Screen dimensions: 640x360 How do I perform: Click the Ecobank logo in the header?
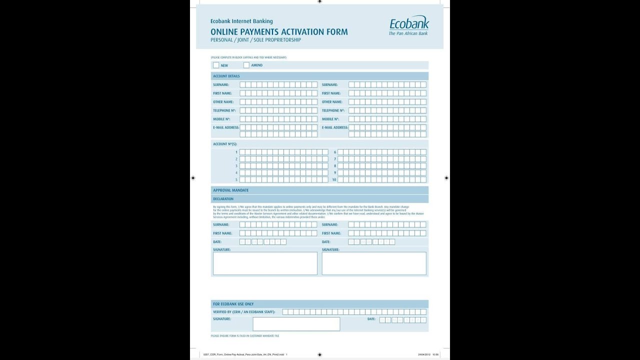pyautogui.click(x=408, y=25)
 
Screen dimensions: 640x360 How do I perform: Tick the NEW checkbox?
pyautogui.click(x=216, y=65)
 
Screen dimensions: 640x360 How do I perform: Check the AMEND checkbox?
pyautogui.click(x=246, y=65)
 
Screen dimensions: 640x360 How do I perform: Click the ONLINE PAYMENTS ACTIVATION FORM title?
pyautogui.click(x=279, y=32)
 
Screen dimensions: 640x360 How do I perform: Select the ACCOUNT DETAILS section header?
pyautogui.click(x=226, y=76)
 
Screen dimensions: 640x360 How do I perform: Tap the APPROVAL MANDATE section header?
pyautogui.click(x=230, y=190)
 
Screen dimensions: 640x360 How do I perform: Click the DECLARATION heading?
pyautogui.click(x=223, y=199)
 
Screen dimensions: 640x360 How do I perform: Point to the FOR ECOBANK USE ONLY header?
pyautogui.click(x=233, y=304)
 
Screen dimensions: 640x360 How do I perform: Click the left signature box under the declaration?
pyautogui.click(x=265, y=263)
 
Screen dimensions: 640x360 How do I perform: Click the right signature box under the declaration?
pyautogui.click(x=374, y=263)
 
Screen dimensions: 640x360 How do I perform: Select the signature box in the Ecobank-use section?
pyautogui.click(x=296, y=324)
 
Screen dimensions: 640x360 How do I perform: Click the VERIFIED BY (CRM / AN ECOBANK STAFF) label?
pyautogui.click(x=244, y=312)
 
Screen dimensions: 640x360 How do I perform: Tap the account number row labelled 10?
pyautogui.click(x=382, y=179)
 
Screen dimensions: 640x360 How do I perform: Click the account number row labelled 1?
pyautogui.click(x=283, y=152)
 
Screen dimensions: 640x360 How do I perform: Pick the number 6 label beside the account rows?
pyautogui.click(x=335, y=152)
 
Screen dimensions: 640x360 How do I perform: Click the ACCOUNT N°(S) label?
pyautogui.click(x=225, y=144)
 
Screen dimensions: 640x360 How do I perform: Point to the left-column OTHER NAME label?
pyautogui.click(x=223, y=102)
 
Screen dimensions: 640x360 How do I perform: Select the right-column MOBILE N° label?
pyautogui.click(x=330, y=119)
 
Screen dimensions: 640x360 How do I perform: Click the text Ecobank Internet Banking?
pyautogui.click(x=241, y=21)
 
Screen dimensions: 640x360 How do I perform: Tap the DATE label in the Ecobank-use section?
pyautogui.click(x=371, y=319)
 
